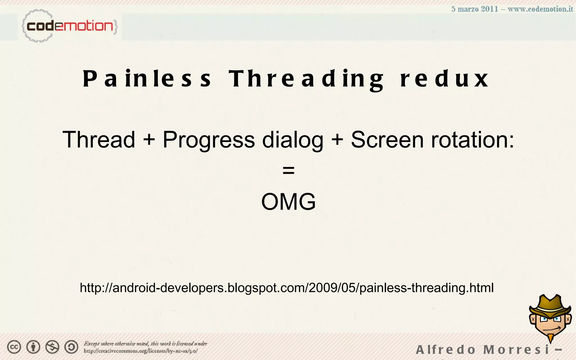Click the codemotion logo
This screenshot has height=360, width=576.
point(69,26)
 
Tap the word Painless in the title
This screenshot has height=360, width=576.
point(147,79)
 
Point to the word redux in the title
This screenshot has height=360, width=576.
point(444,79)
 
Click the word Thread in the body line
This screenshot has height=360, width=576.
point(99,139)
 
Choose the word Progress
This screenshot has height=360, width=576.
point(209,140)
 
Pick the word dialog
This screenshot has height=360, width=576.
point(292,140)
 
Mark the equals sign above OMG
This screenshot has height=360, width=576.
point(289,170)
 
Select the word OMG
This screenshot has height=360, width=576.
point(289,202)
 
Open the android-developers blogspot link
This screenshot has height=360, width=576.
point(287,288)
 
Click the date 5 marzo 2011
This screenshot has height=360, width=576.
point(475,9)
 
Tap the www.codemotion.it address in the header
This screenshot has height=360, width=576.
point(540,9)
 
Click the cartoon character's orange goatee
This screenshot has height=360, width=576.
point(551,337)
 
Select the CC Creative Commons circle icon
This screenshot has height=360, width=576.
point(14,347)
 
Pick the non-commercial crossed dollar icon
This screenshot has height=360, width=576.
point(52,347)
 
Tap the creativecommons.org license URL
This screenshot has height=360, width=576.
point(141,351)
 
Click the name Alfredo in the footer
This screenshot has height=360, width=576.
point(445,350)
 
